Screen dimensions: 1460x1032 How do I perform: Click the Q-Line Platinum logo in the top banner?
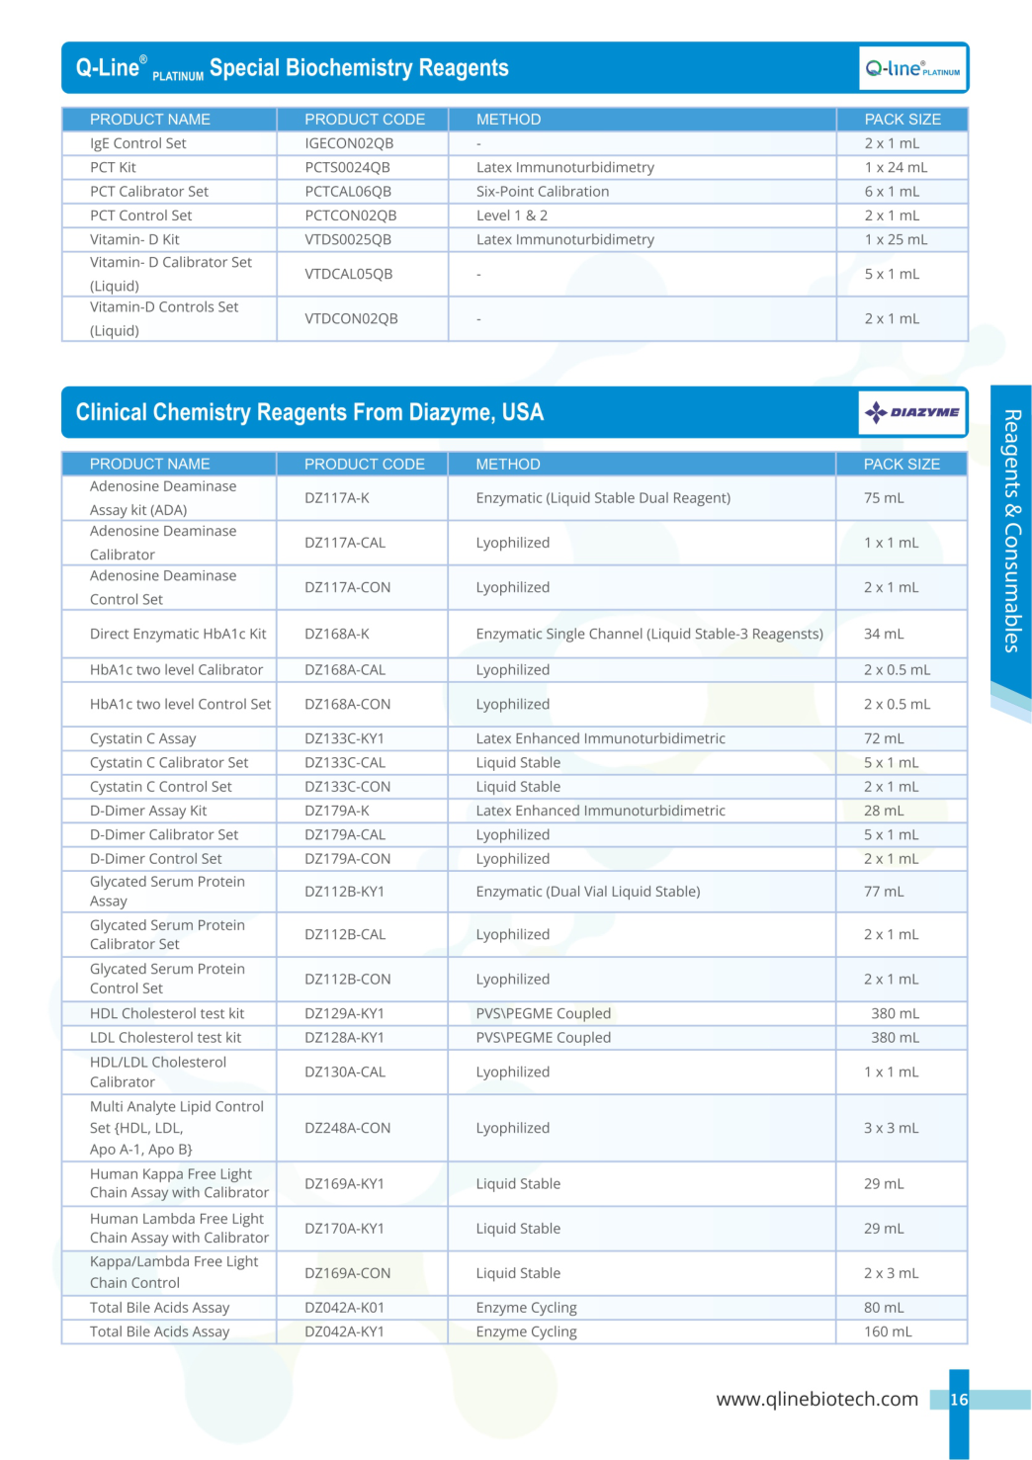click(x=911, y=68)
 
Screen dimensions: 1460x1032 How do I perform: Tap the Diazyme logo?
click(x=911, y=412)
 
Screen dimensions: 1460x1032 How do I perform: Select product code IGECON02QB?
click(x=349, y=143)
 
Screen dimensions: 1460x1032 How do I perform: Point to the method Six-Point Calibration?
click(x=543, y=192)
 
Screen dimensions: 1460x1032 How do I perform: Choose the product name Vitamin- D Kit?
click(x=134, y=239)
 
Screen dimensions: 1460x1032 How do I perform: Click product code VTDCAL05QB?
click(x=349, y=274)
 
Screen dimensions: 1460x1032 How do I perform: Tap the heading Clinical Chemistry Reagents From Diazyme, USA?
click(x=309, y=412)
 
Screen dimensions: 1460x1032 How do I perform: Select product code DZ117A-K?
click(x=337, y=498)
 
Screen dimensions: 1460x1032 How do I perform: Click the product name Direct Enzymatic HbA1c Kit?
click(x=178, y=634)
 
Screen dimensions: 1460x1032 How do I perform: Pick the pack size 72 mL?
click(x=884, y=738)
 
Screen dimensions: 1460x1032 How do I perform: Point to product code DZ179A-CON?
click(x=347, y=859)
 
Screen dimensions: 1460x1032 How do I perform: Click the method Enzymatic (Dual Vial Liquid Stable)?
click(x=588, y=892)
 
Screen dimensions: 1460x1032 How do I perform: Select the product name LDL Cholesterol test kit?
click(x=165, y=1038)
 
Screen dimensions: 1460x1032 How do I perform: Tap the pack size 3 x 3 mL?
click(x=892, y=1128)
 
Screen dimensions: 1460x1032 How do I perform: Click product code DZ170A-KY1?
click(x=344, y=1229)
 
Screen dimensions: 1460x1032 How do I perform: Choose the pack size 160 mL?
click(x=888, y=1331)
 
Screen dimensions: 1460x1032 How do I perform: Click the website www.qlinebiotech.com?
click(x=817, y=1399)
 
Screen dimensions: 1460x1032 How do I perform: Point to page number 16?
click(x=959, y=1400)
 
